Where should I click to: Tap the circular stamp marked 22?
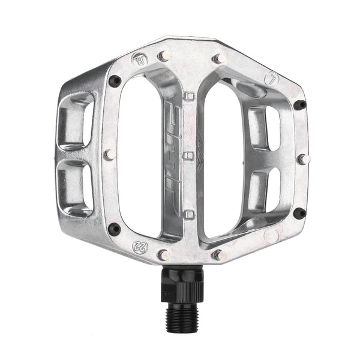(x=139, y=245)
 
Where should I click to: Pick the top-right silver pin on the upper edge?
(x=219, y=59)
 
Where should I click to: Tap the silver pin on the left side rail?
(x=109, y=154)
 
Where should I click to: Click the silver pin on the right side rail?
(x=303, y=159)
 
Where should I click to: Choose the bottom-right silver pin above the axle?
(x=219, y=254)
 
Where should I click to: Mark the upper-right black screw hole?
(x=300, y=105)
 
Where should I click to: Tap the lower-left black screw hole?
(x=114, y=229)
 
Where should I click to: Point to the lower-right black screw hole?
(x=301, y=212)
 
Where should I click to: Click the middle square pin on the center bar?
(x=189, y=156)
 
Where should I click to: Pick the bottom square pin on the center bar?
(x=189, y=214)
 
